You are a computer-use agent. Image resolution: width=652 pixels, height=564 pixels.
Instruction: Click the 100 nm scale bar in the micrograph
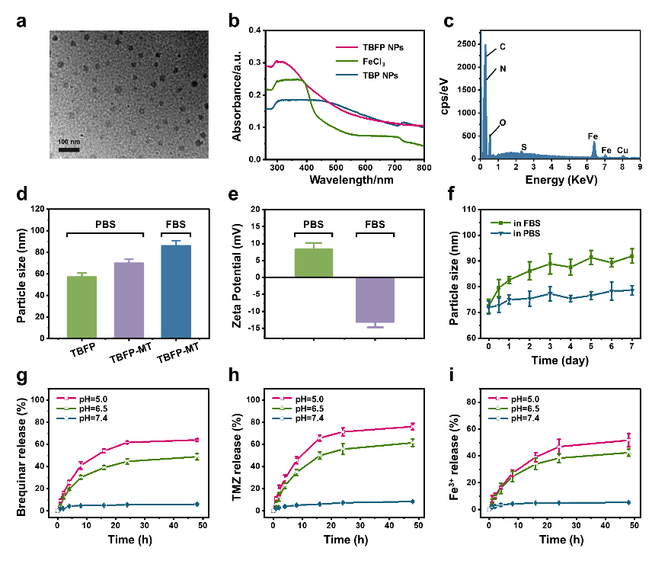point(69,148)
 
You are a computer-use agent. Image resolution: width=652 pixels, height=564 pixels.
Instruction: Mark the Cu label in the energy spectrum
point(623,150)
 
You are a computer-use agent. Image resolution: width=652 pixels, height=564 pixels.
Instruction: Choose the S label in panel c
point(523,146)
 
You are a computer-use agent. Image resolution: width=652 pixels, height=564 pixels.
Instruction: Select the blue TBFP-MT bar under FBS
point(176,291)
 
